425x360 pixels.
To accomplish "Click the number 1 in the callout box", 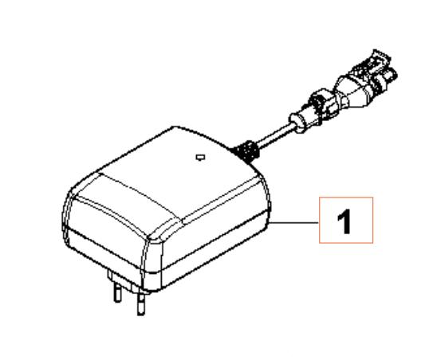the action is click(x=344, y=221).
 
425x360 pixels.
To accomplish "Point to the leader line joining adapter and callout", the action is click(x=294, y=223).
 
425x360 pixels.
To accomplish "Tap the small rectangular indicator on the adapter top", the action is click(x=200, y=157).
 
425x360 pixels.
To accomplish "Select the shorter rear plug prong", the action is click(x=118, y=292).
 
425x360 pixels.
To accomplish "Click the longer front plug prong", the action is click(x=141, y=303).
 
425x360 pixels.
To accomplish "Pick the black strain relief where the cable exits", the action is click(x=246, y=152).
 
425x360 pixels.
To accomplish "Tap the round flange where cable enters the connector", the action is click(x=297, y=123).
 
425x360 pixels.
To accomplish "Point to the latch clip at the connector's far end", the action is click(x=381, y=60).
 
